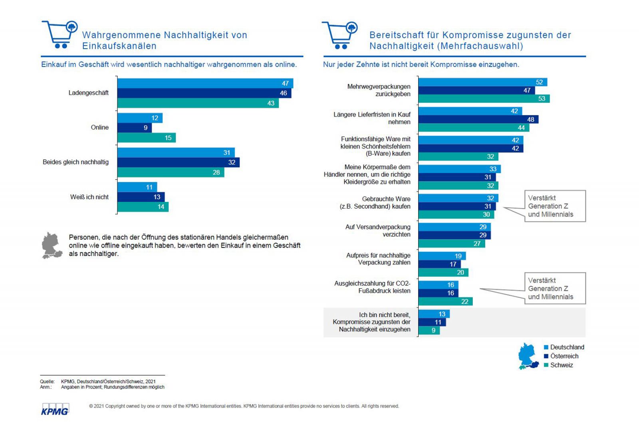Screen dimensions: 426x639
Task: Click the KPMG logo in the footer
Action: pyautogui.click(x=55, y=410)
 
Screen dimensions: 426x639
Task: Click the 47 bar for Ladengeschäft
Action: pyautogui.click(x=205, y=83)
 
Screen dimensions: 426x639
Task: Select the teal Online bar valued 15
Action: pyautogui.click(x=146, y=138)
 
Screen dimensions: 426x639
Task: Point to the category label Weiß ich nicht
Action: pyautogui.click(x=89, y=197)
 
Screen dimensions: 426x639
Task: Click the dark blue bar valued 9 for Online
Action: pyautogui.click(x=134, y=128)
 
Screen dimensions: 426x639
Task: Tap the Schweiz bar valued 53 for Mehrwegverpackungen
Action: pyautogui.click(x=484, y=99)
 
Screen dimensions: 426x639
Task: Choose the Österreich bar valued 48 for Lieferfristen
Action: pyautogui.click(x=478, y=119)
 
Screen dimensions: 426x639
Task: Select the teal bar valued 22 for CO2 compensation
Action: pyautogui.click(x=445, y=301)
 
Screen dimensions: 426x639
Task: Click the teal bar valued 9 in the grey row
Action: pyautogui.click(x=429, y=331)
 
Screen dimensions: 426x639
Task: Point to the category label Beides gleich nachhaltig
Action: pyautogui.click(x=75, y=162)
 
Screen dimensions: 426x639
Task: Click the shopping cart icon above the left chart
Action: pyautogui.click(x=60, y=34)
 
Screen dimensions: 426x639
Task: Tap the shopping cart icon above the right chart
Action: pyautogui.click(x=340, y=35)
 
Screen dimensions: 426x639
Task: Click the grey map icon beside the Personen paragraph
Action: pyautogui.click(x=52, y=246)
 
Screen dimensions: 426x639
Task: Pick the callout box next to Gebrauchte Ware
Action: pyautogui.click(x=555, y=206)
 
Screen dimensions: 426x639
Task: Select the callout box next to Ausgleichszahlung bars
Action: pyautogui.click(x=555, y=288)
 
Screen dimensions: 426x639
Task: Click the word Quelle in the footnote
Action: pyautogui.click(x=47, y=382)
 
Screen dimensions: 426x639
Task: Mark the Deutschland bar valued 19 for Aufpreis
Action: pyautogui.click(x=442, y=256)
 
